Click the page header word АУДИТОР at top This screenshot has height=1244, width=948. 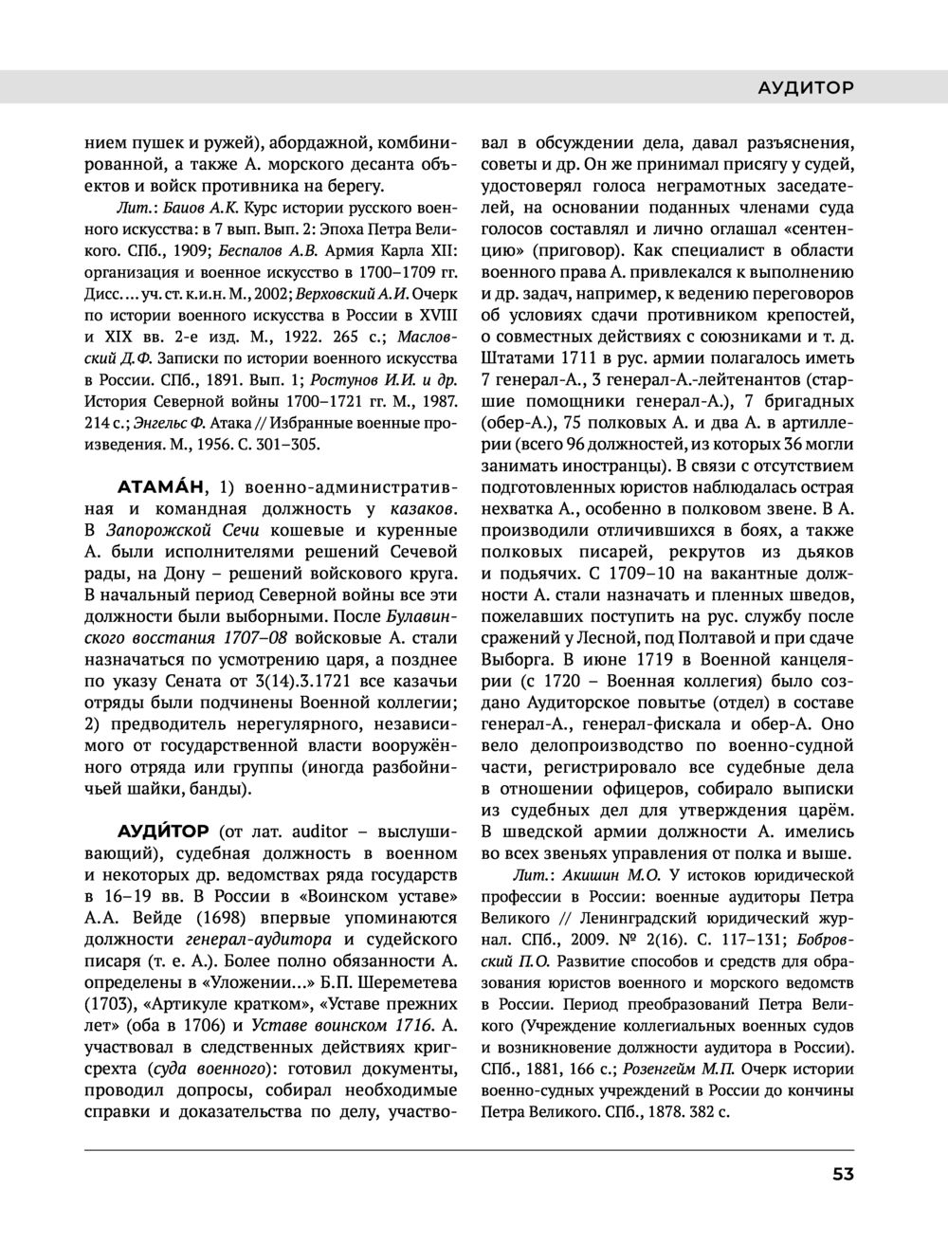pyautogui.click(x=806, y=87)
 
